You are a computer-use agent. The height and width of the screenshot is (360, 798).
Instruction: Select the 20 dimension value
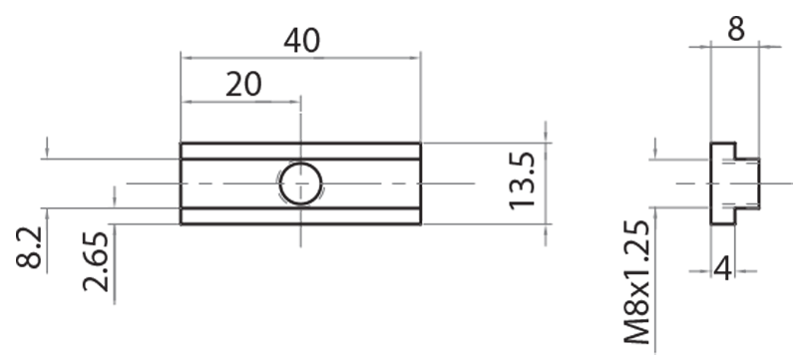coord(243,85)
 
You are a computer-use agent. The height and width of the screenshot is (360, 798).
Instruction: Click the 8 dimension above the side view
coord(735,28)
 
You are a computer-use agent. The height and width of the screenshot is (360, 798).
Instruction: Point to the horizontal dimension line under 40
coord(300,56)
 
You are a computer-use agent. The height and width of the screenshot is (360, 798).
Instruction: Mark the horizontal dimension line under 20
coord(239,100)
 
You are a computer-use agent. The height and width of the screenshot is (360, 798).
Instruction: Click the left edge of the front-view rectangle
coord(181,183)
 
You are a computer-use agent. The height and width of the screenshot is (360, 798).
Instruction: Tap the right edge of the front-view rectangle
coord(420,183)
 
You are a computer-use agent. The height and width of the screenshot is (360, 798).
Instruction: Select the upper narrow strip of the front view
coord(300,151)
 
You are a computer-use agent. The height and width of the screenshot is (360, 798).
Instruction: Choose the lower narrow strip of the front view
coord(300,216)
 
